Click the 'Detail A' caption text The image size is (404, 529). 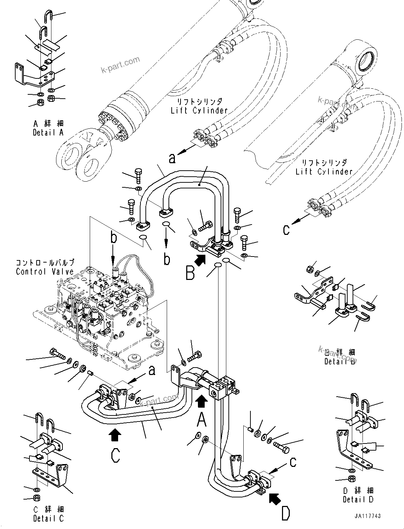[48, 132]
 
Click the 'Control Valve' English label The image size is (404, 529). [45, 272]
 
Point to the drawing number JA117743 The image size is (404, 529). [367, 516]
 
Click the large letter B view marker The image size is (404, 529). [190, 273]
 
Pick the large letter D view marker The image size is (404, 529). [286, 513]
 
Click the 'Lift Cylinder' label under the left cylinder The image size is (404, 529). [199, 110]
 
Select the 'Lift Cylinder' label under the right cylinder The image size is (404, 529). [324, 172]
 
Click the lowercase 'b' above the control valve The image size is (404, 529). [114, 238]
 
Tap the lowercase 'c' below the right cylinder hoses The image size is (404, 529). [286, 230]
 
